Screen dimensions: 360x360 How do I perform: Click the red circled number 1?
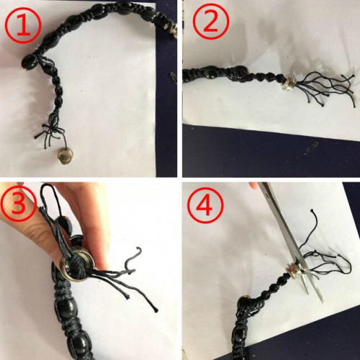(x=23, y=26)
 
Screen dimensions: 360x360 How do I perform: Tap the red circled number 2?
(x=211, y=22)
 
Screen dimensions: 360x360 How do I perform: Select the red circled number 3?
(x=18, y=203)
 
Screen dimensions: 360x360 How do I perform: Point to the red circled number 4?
(x=205, y=205)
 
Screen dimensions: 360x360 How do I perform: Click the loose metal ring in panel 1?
(x=65, y=156)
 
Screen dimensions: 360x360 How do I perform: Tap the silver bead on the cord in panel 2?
(x=289, y=84)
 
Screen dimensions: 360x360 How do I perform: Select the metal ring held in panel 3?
(x=76, y=265)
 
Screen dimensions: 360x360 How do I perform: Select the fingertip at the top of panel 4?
(x=253, y=185)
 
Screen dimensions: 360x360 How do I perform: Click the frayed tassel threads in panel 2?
(x=327, y=89)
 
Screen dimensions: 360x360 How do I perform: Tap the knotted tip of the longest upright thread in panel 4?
(x=312, y=210)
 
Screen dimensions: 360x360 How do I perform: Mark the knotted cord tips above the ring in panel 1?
(x=50, y=132)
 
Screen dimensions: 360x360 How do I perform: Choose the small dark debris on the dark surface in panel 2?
(x=311, y=148)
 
